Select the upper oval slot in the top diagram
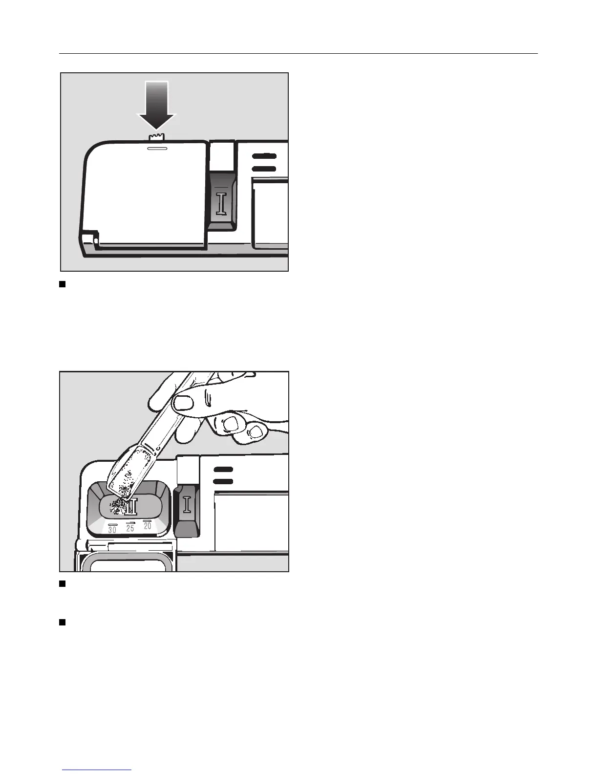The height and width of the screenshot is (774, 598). click(x=264, y=156)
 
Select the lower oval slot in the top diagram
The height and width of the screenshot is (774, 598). click(x=264, y=169)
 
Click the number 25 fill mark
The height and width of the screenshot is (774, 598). click(x=130, y=528)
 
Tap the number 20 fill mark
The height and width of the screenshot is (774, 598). click(x=147, y=525)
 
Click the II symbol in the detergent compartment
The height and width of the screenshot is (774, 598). click(x=131, y=507)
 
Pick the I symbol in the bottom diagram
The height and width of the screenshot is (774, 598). click(x=187, y=504)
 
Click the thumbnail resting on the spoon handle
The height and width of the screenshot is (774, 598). click(x=184, y=403)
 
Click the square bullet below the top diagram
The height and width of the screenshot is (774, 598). click(x=62, y=284)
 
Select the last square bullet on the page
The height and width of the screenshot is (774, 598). click(x=62, y=622)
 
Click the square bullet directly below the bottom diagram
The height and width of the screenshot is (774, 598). click(x=62, y=584)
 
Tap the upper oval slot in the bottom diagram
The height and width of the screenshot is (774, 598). click(x=223, y=469)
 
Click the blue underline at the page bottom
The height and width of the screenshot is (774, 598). click(x=97, y=770)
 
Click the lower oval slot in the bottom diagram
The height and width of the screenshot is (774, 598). click(x=223, y=482)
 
